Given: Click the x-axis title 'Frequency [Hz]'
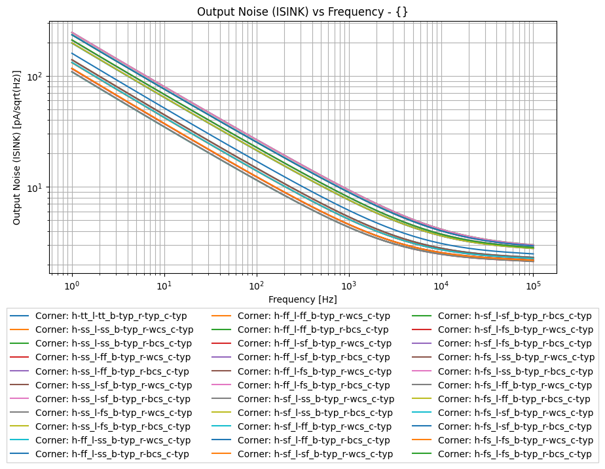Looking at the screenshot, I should coord(302,299).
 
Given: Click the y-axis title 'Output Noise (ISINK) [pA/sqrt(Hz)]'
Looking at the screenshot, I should coord(17,147).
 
